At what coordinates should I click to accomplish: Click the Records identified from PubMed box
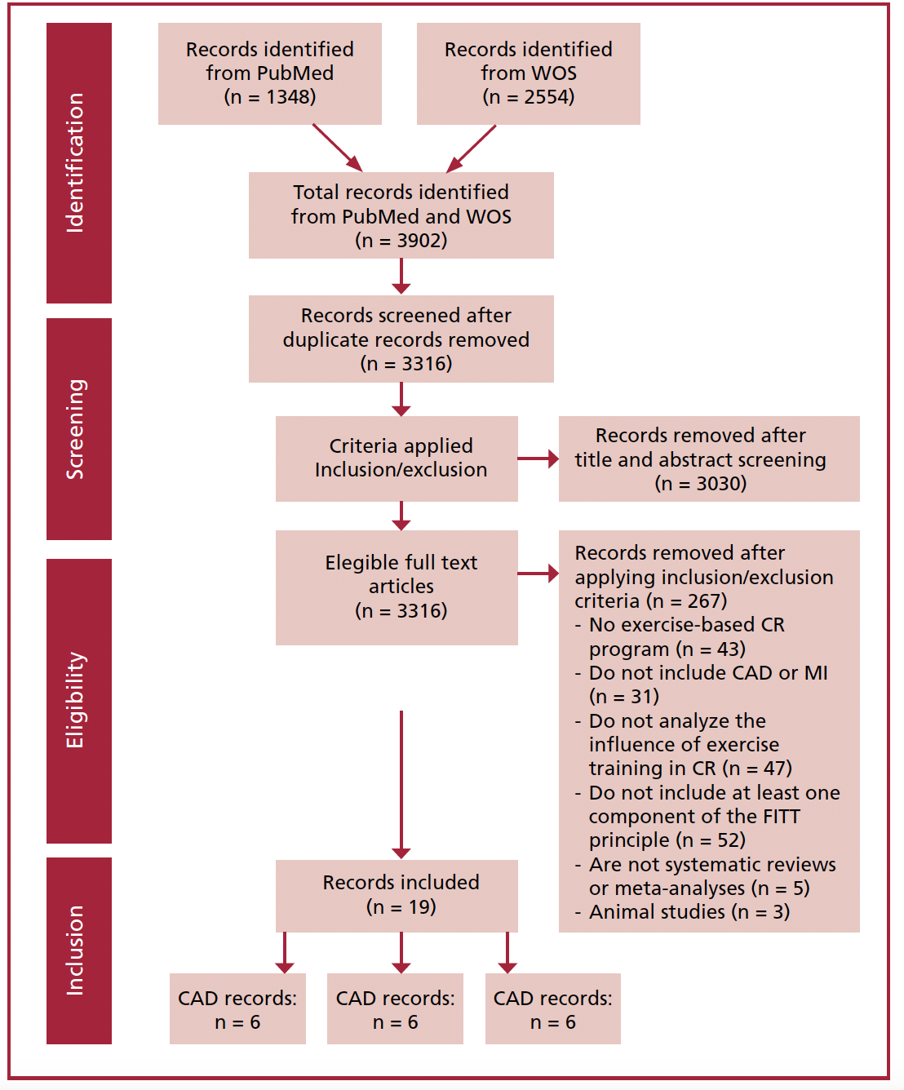[270, 73]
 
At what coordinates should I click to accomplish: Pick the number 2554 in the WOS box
[549, 96]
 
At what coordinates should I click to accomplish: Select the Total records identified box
[401, 215]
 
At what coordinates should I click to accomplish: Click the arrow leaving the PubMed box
[337, 148]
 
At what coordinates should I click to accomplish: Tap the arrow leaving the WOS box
[471, 148]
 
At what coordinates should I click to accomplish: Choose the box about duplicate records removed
[401, 339]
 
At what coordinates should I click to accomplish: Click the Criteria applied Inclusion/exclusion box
[397, 459]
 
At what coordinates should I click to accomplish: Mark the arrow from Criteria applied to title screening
[538, 459]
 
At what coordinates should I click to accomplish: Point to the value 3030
[721, 483]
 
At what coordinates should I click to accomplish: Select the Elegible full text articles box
[397, 587]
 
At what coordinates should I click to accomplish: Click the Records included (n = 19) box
[397, 896]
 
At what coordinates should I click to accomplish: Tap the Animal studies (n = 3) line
[683, 912]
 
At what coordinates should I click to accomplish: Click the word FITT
[781, 816]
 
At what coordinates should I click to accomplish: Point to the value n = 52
[711, 840]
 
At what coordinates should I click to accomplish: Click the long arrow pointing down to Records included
[401, 785]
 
